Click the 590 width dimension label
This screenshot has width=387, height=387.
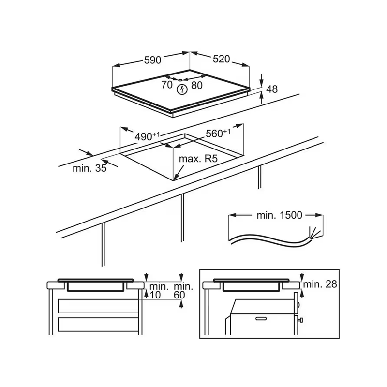coord(152,60)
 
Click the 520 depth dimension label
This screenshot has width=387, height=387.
coord(222,59)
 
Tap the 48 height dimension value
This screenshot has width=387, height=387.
coord(272,89)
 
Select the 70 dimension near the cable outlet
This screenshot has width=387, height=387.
coord(167,85)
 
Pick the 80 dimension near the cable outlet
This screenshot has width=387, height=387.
coord(197,86)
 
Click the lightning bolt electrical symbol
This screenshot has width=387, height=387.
coord(182,89)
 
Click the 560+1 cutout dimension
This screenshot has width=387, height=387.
coord(218,134)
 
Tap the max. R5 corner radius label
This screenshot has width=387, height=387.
coord(198,159)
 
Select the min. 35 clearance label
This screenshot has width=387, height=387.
coord(89,168)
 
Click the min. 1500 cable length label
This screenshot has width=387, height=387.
coord(280,215)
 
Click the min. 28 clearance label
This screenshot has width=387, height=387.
coord(320,284)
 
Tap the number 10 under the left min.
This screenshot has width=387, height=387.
coord(155,295)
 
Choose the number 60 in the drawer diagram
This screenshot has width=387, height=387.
coord(179,295)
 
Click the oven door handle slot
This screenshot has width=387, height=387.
coord(261,319)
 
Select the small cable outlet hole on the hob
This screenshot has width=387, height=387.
coord(180,80)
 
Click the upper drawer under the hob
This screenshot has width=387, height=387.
coord(98,306)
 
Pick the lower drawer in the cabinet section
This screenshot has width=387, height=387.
coord(98,324)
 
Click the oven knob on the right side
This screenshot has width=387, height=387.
coord(300,320)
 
